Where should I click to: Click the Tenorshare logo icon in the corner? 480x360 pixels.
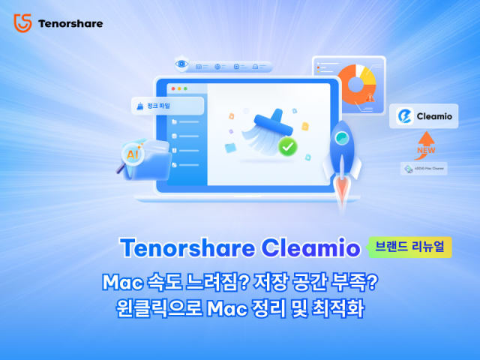coord(22,22)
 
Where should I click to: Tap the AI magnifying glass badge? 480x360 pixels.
coord(133,154)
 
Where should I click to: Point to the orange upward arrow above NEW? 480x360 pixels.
coord(424,140)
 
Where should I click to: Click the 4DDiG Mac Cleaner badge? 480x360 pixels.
coord(424,169)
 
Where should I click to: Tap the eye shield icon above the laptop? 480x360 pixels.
coord(181,65)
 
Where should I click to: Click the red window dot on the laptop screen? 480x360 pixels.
coord(172,88)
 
